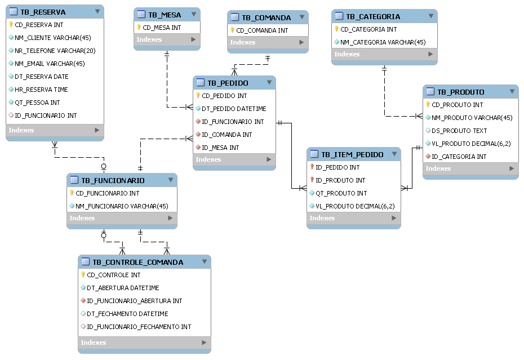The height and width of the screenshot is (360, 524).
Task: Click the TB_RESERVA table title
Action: point(43,12)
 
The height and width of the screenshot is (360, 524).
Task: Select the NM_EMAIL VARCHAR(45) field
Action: point(50,64)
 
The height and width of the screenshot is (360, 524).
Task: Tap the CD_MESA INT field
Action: point(162,27)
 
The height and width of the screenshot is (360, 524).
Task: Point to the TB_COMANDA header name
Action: point(267,17)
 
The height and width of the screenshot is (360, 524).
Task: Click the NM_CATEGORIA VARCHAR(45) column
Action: point(383,42)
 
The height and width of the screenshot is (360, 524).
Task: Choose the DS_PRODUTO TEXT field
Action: point(459,131)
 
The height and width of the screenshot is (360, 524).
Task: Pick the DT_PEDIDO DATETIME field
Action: point(234,109)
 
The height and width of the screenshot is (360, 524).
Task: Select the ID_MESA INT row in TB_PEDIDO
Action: point(220,148)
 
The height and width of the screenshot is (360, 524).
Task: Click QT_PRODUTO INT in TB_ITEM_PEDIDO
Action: point(341,193)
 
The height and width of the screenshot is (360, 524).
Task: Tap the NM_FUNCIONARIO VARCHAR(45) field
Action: point(122,206)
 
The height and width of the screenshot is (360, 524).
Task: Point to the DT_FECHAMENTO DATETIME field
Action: point(127,314)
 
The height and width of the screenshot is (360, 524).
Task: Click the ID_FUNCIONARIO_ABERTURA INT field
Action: point(134,301)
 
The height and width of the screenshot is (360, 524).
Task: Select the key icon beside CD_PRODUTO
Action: point(428,105)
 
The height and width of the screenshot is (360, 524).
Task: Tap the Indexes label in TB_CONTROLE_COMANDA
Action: point(94,343)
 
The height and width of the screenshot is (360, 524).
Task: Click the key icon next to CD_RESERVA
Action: point(11,25)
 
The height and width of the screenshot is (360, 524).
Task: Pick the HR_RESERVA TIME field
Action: point(41,90)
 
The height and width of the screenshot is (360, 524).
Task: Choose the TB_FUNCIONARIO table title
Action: point(113,181)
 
